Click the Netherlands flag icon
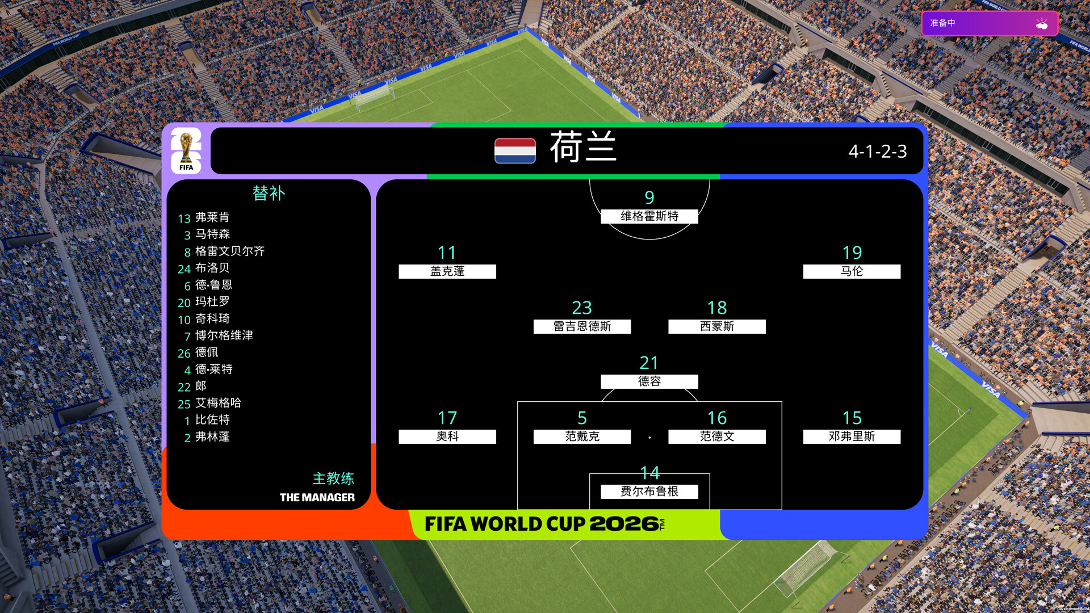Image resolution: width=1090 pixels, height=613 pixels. click(x=515, y=150)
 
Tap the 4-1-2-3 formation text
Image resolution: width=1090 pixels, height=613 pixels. click(x=878, y=152)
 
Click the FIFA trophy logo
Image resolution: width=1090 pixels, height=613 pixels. click(x=186, y=150)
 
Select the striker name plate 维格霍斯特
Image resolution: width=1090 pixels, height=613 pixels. click(x=649, y=216)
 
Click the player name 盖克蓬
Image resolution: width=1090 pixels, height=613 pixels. click(x=447, y=271)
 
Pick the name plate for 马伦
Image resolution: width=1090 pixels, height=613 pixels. click(x=852, y=271)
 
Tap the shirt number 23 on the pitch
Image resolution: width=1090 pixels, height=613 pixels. click(x=582, y=308)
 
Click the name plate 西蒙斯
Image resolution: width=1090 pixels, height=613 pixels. click(x=717, y=326)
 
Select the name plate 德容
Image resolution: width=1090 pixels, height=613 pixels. click(x=649, y=381)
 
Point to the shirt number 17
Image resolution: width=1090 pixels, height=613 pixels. click(x=447, y=418)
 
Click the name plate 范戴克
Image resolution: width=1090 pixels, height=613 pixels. click(x=582, y=436)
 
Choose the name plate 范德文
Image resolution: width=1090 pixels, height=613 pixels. click(x=717, y=436)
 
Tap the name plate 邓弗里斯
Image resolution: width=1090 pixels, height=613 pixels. click(x=852, y=436)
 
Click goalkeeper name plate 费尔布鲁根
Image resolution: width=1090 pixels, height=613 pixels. click(x=649, y=492)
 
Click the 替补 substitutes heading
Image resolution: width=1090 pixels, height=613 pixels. click(x=269, y=194)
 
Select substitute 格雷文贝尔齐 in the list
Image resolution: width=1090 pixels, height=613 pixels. click(x=230, y=251)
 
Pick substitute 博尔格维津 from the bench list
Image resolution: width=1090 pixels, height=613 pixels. click(x=224, y=335)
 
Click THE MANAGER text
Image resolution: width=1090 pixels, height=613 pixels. click(x=317, y=498)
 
